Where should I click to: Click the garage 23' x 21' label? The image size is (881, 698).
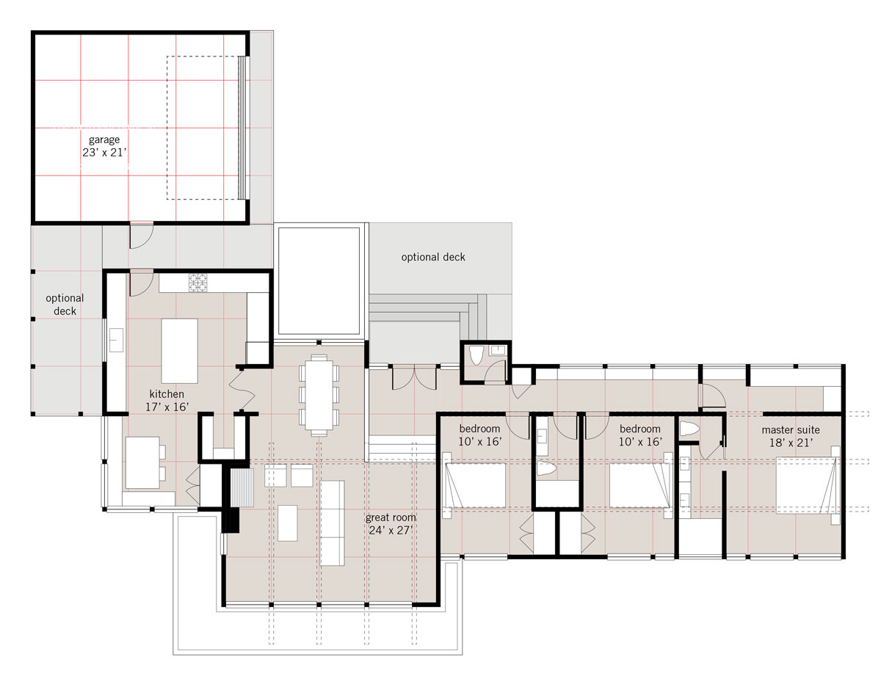coord(104,146)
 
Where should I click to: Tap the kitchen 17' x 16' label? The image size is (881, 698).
coord(167,401)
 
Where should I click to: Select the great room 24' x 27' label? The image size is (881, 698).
coord(391,524)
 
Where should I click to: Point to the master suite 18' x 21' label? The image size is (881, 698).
coord(791,437)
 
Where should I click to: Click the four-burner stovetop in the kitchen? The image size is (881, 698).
coord(197,283)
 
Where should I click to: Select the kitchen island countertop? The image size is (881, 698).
coord(179,351)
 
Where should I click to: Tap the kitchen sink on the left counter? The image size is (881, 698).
coord(116,340)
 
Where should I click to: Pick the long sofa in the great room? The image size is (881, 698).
coord(333,523)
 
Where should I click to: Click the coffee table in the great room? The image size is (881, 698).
coord(287,523)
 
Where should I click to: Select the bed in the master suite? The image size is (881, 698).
coord(807,486)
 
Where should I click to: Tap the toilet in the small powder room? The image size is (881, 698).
coord(476,355)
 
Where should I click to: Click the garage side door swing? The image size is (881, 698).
coord(141,236)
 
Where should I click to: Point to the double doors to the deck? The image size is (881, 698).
coord(414,377)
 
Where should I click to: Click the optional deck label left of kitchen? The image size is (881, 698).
coord(65,305)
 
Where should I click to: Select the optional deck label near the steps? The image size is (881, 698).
coord(433,257)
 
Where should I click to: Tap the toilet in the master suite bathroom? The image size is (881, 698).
coord(689,429)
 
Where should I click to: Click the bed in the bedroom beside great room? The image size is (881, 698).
coord(475,486)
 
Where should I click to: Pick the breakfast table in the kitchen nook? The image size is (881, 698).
coord(142,462)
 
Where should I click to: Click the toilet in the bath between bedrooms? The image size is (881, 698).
coord(545,468)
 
